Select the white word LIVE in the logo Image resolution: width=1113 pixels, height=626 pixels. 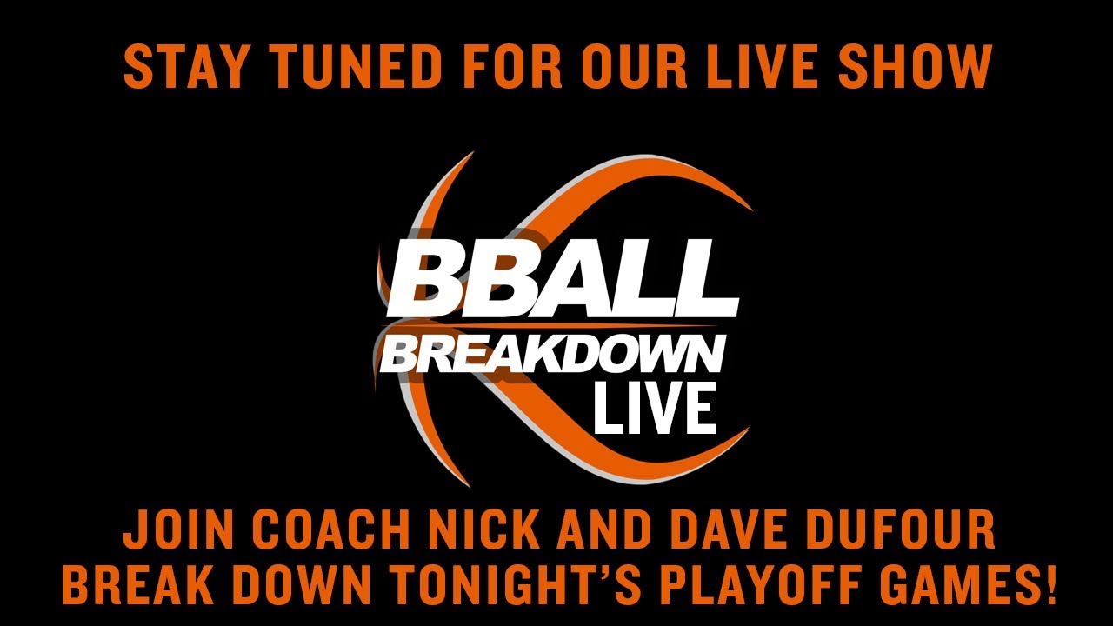pyautogui.click(x=655, y=409)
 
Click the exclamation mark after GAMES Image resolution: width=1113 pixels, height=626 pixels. pyautogui.click(x=1050, y=586)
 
